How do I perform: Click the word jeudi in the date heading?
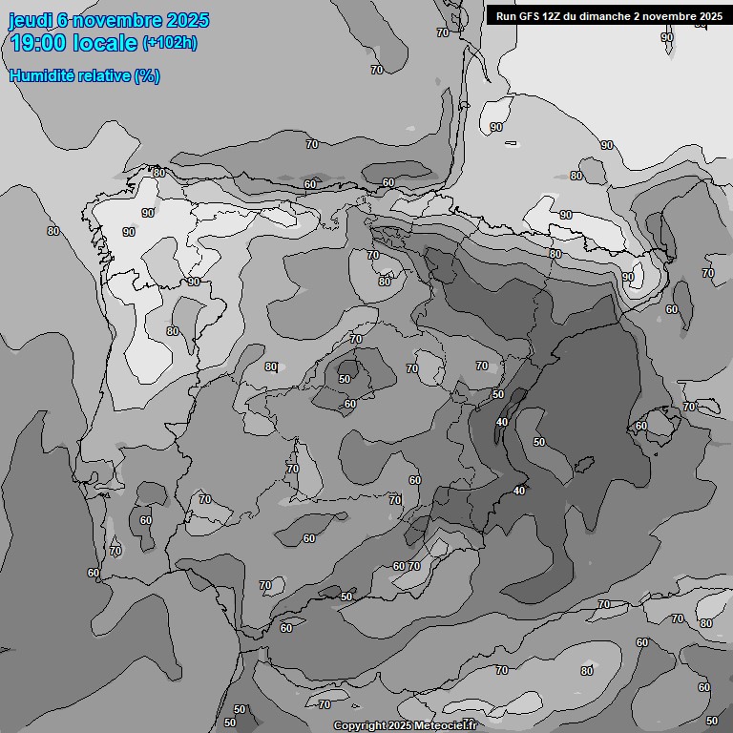click(31, 20)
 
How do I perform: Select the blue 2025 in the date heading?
click(188, 20)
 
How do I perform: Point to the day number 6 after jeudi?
click(62, 20)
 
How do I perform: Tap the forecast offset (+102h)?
click(170, 43)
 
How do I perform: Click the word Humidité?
click(41, 75)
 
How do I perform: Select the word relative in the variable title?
click(103, 75)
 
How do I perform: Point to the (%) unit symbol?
click(146, 75)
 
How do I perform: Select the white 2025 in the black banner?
click(706, 16)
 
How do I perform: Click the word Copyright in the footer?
click(360, 725)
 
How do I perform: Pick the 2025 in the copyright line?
click(400, 725)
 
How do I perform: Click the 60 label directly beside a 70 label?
click(399, 566)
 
